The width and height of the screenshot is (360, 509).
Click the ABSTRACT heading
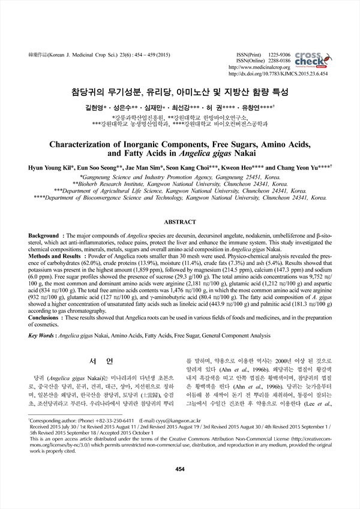[x=179, y=221]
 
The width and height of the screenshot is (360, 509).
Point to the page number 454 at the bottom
[x=179, y=486]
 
